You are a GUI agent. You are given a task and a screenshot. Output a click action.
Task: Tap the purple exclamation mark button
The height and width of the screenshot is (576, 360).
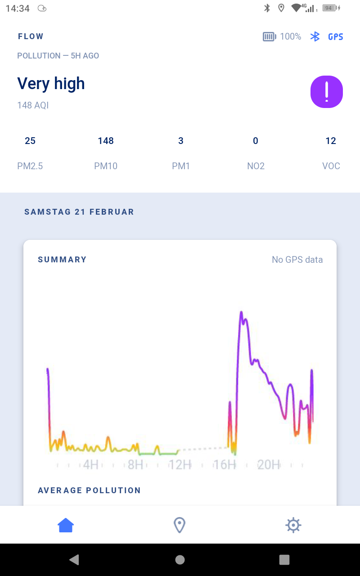(327, 92)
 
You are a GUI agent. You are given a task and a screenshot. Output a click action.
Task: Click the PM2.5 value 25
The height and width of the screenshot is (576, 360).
(30, 141)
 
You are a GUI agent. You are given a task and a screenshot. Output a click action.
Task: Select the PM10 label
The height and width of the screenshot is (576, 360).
(106, 166)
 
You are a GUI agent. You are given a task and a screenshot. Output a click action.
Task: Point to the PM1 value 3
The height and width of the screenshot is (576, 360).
(181, 141)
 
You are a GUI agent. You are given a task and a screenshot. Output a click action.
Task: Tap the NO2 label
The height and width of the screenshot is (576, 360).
(256, 166)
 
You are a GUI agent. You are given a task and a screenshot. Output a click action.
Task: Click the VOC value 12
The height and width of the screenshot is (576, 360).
(331, 141)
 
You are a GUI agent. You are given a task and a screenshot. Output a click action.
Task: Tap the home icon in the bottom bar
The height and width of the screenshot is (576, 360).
(66, 525)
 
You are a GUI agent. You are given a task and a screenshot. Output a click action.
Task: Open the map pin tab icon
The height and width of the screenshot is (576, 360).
(180, 525)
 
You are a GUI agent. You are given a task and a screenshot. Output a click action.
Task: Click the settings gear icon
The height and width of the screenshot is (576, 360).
(293, 525)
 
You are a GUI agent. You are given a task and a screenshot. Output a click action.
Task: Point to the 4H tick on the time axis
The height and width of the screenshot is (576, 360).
(90, 464)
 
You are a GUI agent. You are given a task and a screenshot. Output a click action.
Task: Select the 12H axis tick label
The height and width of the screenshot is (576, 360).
(180, 464)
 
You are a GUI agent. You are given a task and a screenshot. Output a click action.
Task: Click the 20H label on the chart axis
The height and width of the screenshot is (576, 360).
(269, 464)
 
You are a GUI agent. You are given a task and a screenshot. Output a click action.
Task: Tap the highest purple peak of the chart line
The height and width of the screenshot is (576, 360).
(241, 312)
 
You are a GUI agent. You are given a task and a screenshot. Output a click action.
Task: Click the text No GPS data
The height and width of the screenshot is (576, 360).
(297, 260)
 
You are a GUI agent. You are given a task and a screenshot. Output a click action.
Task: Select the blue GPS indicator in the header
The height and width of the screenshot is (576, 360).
(336, 37)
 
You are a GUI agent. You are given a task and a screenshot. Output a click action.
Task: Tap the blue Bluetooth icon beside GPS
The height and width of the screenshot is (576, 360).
(315, 37)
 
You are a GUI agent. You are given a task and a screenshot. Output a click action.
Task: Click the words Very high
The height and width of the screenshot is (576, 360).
(51, 84)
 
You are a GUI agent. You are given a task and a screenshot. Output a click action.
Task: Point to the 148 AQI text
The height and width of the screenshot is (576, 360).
(33, 105)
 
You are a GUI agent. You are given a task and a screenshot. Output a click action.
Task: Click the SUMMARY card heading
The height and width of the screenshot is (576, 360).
(62, 260)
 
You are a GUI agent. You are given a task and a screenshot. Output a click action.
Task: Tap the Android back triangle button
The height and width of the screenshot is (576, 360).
(74, 559)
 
